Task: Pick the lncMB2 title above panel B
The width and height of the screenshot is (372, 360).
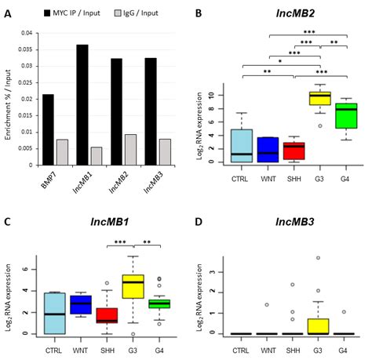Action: pyautogui.click(x=293, y=14)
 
